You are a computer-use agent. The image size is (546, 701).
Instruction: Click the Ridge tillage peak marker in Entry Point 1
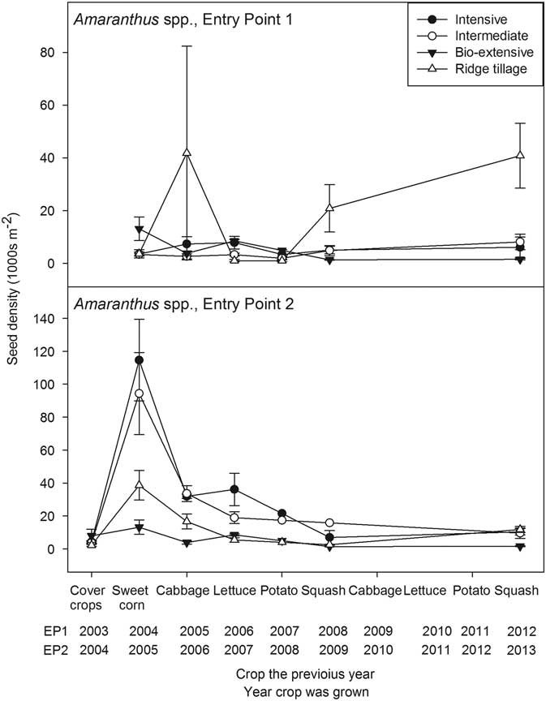(x=187, y=153)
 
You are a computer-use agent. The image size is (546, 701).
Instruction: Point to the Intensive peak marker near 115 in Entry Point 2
(x=139, y=359)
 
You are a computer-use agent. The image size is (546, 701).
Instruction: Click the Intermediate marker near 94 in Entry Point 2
(x=139, y=394)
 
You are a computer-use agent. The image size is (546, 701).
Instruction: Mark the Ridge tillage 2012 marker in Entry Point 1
(x=520, y=155)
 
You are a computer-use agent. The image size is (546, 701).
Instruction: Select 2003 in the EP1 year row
(x=92, y=630)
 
